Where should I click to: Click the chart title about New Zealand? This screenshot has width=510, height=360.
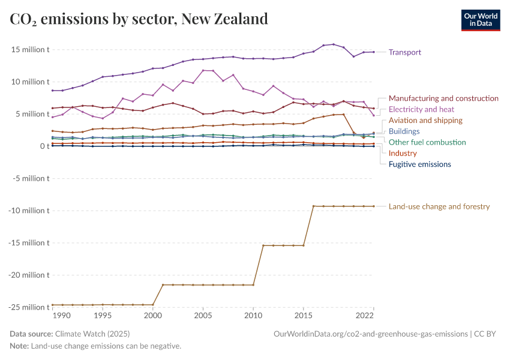tap(139, 19)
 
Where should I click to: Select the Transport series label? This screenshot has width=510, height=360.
tap(404, 52)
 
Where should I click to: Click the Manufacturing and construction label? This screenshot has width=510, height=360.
tap(443, 98)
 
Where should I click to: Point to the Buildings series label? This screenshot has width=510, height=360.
tap(404, 131)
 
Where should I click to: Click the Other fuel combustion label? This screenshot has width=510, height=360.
tap(427, 142)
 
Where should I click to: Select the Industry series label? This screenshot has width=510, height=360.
tap(403, 154)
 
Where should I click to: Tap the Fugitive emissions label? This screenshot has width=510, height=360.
tap(419, 164)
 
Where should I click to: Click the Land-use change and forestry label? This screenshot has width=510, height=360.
tap(439, 206)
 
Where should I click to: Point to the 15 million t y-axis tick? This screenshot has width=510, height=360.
tap(29, 49)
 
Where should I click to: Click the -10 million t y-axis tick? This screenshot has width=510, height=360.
tap(28, 211)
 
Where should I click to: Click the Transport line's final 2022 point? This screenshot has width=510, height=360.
tap(373, 52)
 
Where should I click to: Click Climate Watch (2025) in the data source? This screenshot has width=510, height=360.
tap(92, 334)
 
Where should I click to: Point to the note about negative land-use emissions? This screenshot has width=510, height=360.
tap(95, 346)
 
